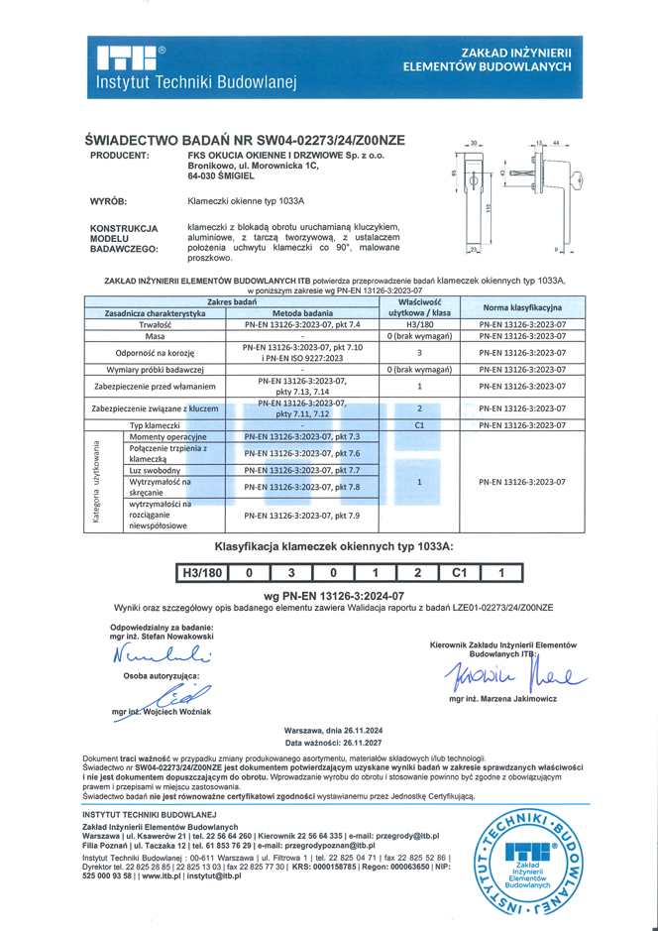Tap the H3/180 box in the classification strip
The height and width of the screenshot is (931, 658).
click(201, 573)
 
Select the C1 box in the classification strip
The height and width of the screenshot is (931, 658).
click(458, 573)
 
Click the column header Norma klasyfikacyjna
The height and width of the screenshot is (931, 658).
click(521, 307)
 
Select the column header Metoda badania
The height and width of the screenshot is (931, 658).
click(302, 313)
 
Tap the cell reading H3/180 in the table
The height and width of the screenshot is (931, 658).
click(418, 324)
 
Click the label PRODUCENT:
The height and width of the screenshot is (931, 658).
click(119, 156)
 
